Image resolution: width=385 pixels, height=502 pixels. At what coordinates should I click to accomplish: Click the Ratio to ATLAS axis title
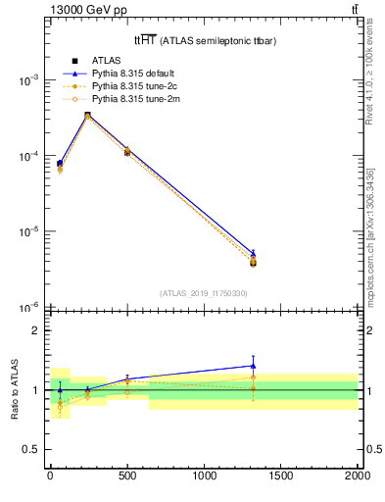(14, 389)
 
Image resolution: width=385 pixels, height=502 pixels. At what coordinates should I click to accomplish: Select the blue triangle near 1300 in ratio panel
(253, 366)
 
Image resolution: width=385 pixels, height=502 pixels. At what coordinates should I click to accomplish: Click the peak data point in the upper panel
(87, 116)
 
